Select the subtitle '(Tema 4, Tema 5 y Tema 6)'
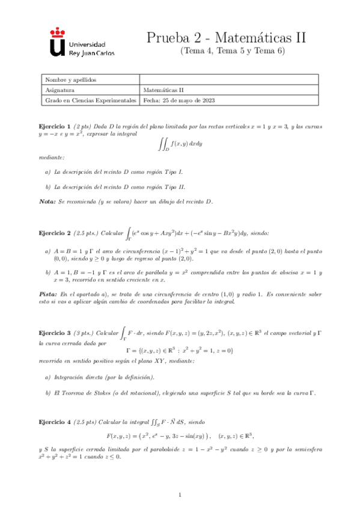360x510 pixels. point(232,51)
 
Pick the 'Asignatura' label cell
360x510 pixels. point(59,90)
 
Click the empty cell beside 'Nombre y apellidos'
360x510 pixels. point(229,80)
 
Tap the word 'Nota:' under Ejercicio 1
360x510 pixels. point(47,201)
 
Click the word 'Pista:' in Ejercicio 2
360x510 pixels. point(48,293)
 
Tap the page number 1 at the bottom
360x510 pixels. point(180,494)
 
